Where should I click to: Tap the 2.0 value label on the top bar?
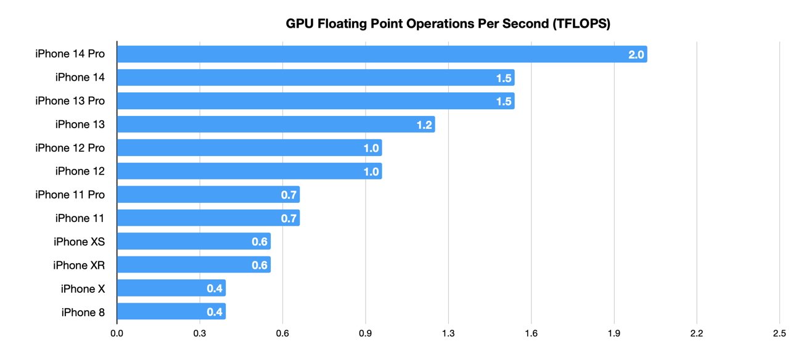click(x=636, y=54)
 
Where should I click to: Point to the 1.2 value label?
click(x=424, y=125)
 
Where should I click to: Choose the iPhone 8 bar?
click(x=171, y=312)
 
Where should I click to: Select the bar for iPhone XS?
click(x=194, y=242)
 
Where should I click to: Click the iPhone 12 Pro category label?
click(x=70, y=148)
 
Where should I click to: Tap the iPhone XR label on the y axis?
click(x=79, y=265)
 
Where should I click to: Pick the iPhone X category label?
click(x=83, y=288)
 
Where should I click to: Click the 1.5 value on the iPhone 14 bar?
click(x=504, y=78)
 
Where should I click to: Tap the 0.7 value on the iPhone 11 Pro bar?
click(x=289, y=195)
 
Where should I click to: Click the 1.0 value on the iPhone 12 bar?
click(x=371, y=171)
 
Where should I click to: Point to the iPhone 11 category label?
click(x=80, y=218)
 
